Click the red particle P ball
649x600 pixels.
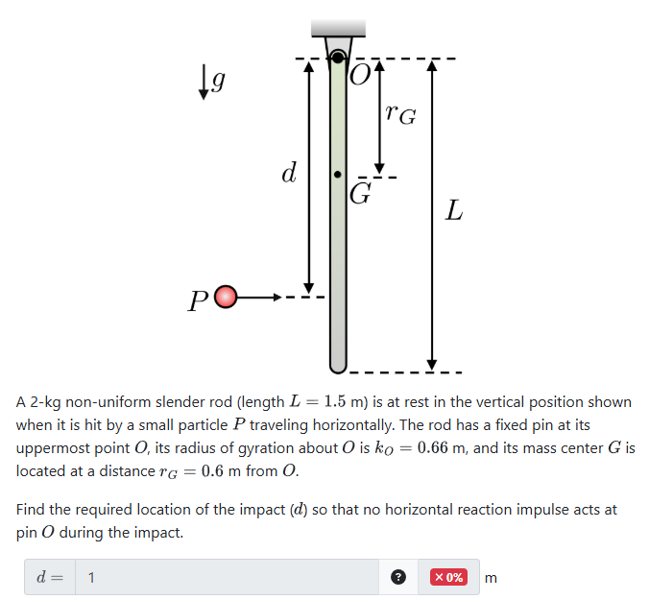[225, 298]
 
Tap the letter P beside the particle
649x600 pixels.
[198, 300]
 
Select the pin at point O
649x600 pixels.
[338, 58]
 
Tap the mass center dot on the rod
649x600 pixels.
[337, 176]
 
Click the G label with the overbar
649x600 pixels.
[360, 194]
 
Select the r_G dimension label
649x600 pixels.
[400, 115]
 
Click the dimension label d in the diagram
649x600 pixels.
[287, 173]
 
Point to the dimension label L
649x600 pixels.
[454, 210]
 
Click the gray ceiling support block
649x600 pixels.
[338, 27]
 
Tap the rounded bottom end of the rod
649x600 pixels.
[338, 365]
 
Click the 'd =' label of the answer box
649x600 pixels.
[49, 577]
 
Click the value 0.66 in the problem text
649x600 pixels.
[465, 448]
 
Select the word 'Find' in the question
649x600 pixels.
[33, 509]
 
